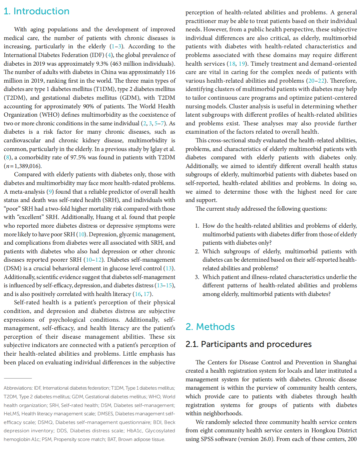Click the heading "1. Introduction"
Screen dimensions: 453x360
pyautogui.click(x=36, y=11)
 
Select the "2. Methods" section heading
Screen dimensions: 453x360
pyautogui.click(x=210, y=327)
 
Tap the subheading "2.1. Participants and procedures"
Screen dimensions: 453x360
pyautogui.click(x=248, y=344)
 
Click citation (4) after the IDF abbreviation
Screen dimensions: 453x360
pyautogui.click(x=109, y=55)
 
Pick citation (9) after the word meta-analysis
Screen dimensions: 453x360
pyautogui.click(x=50, y=192)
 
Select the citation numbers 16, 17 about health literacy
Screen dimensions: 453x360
pyautogui.click(x=143, y=294)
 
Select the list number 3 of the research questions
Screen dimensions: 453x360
pyautogui.click(x=197, y=277)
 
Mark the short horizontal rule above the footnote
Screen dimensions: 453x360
pyautogui.click(x=18, y=378)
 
